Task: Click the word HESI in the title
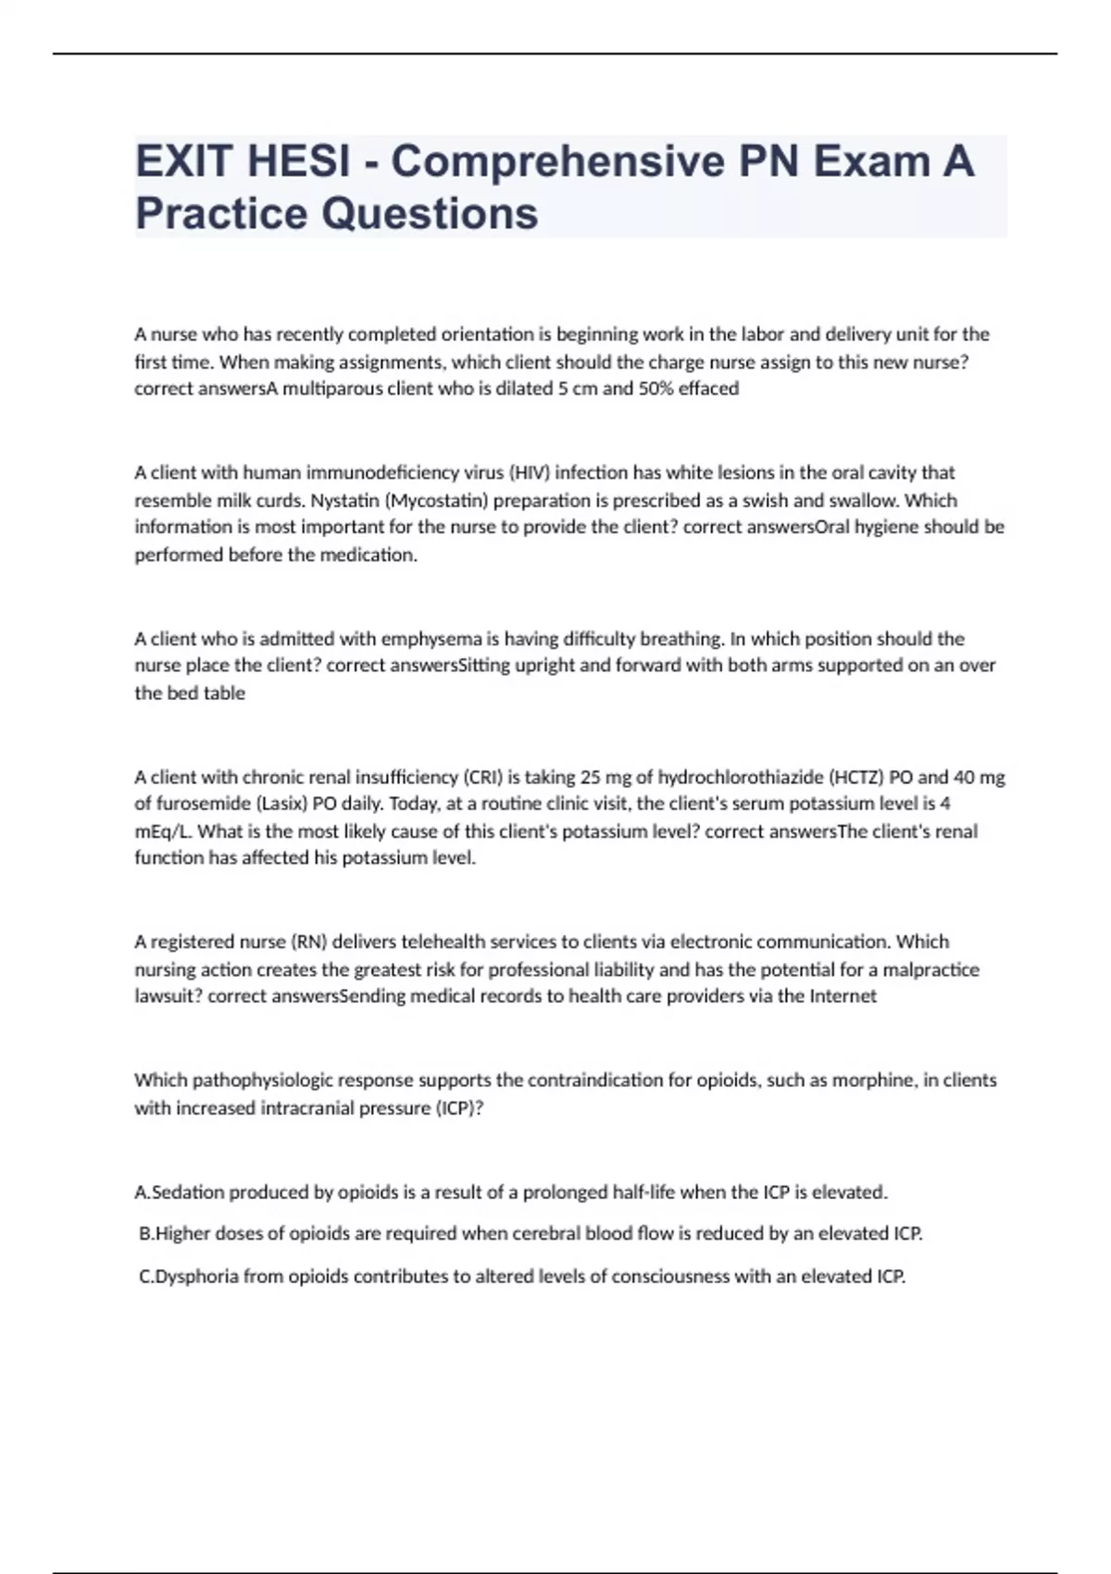coord(294,161)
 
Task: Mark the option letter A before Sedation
coord(141,1193)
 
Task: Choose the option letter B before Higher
coord(144,1233)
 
